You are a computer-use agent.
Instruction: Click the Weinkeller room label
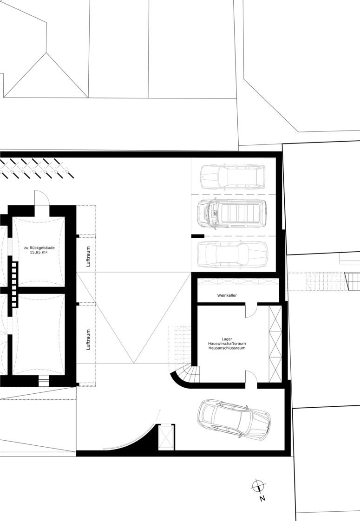227,295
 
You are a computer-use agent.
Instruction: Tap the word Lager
227,339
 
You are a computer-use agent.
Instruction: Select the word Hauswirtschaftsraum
227,343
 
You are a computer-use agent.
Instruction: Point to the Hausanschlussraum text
227,348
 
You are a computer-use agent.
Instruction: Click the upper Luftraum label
88,256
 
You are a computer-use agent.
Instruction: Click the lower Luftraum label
88,339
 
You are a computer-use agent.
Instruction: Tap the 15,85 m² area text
39,253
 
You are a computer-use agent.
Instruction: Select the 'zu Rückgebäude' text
39,248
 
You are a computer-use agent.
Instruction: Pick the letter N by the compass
262,498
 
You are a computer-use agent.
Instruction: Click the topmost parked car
233,177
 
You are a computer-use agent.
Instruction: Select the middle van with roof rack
232,213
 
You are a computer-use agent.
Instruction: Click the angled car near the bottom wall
234,420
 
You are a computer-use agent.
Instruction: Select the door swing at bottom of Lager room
251,377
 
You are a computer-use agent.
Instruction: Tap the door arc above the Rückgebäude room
42,198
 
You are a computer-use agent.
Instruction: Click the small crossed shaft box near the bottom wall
166,437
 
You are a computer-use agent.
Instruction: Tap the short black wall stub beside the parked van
198,236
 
